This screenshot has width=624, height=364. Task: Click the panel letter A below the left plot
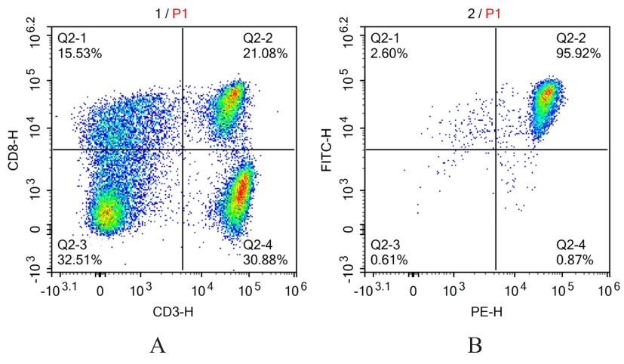(158, 346)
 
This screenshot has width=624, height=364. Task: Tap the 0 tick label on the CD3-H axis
(100, 291)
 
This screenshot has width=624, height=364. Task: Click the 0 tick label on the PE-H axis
(413, 291)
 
